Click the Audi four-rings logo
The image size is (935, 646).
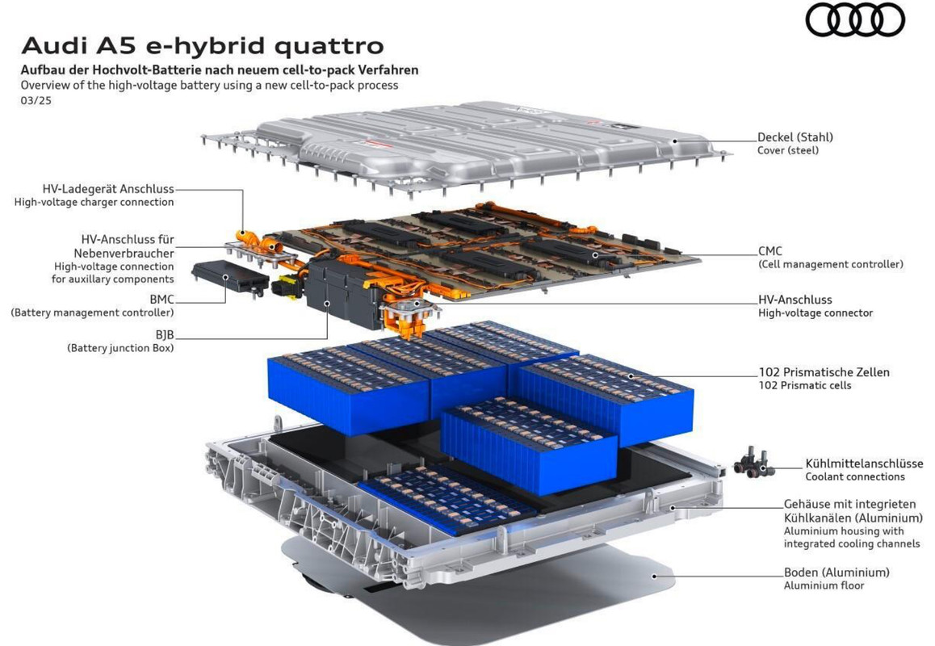coord(855,19)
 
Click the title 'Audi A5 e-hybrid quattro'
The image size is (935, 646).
coord(203,46)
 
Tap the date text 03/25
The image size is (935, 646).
coord(36,101)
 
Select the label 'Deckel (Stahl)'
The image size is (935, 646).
coord(795,137)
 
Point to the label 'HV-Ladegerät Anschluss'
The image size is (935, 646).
coord(108,189)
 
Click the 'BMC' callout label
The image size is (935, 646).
coord(161,300)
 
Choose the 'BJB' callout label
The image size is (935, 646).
coord(165,335)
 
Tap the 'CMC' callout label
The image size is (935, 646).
coord(769,251)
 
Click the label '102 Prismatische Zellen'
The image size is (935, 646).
coord(824,372)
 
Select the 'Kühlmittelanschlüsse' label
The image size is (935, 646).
coord(864,464)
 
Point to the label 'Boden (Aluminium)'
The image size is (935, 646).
coord(836,572)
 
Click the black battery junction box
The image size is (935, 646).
coord(343,293)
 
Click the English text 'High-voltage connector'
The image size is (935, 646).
coord(816,313)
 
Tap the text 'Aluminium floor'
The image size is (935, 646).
coord(824,585)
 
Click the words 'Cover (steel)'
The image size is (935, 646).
coord(788,150)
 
